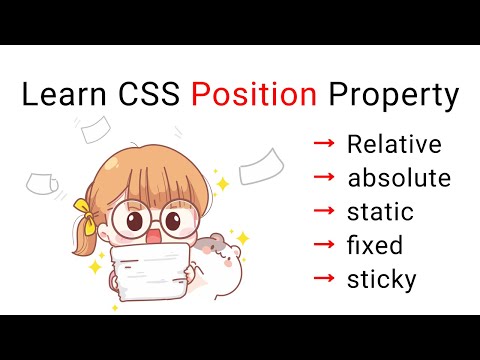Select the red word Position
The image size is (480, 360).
(x=254, y=96)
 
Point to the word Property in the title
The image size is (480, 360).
(x=392, y=97)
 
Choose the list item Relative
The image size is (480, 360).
(x=393, y=145)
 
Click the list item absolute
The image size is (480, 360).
(x=398, y=179)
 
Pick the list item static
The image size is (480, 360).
(x=379, y=213)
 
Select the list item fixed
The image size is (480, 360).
(x=374, y=246)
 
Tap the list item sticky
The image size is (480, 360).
(x=381, y=280)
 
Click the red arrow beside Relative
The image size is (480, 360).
(x=324, y=145)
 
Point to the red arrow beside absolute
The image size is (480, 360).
(x=324, y=179)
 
